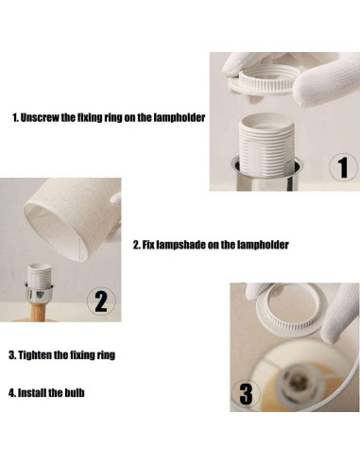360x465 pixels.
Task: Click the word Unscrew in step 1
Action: (40, 117)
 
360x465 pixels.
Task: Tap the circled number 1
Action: (343, 167)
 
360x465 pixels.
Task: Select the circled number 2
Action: (101, 301)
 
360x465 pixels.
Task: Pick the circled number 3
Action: (246, 394)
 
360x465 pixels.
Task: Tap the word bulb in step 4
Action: (75, 393)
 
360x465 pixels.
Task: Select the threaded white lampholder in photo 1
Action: (266, 144)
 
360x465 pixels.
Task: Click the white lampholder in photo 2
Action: (40, 274)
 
